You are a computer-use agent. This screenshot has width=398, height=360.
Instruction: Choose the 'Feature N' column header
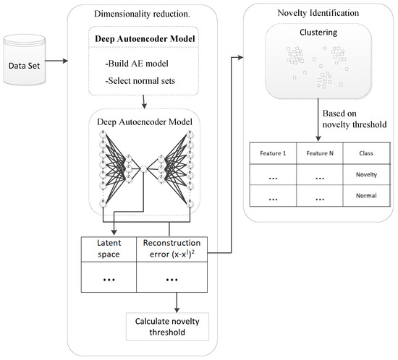click(321, 153)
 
